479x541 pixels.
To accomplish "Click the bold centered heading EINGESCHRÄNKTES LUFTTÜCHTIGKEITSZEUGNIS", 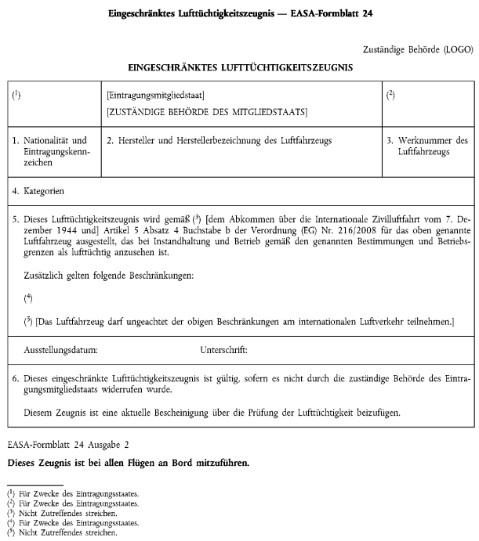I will pyautogui.click(x=240, y=68).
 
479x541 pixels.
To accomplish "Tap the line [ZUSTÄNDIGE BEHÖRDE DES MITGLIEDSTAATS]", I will pyautogui.click(x=207, y=113).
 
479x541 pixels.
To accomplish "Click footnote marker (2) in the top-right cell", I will pyautogui.click(x=390, y=96).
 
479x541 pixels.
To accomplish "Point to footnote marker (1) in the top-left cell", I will pyautogui.click(x=16, y=96).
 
